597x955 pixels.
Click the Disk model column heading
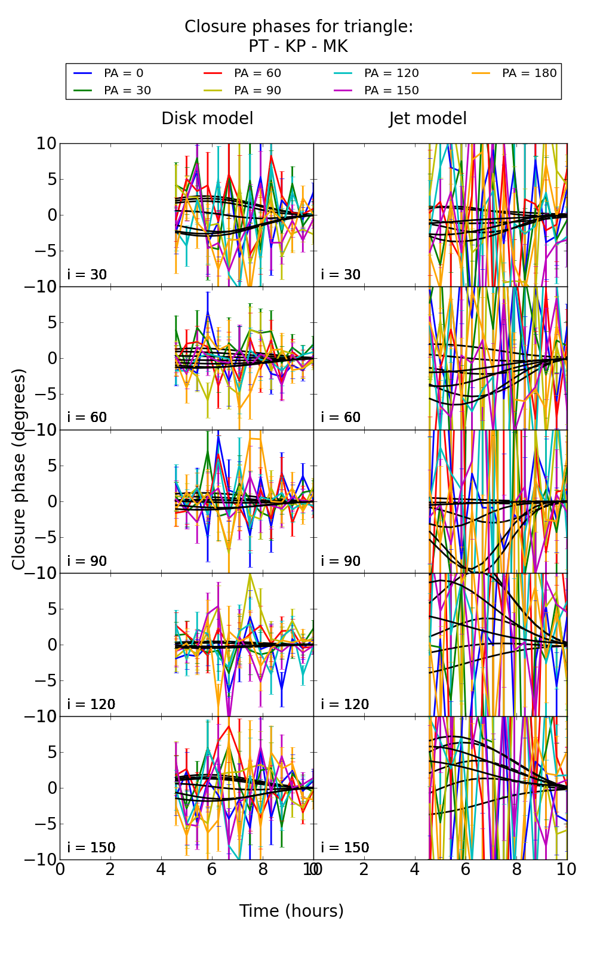tap(207, 119)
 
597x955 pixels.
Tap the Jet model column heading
tap(427, 119)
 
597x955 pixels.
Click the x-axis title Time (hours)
tap(291, 911)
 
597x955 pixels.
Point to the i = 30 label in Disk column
tap(87, 275)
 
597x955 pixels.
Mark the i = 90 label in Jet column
tap(341, 561)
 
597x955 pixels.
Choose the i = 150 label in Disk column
tap(91, 848)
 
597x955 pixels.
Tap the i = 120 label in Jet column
tap(345, 704)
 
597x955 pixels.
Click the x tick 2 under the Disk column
tap(110, 869)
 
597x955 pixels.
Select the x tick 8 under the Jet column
tap(516, 869)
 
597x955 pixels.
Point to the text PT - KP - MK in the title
tap(298, 47)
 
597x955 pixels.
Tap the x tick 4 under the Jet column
tap(415, 869)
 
